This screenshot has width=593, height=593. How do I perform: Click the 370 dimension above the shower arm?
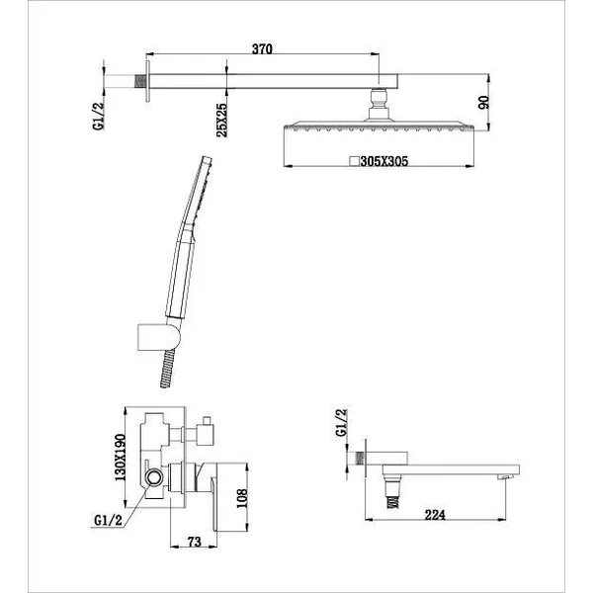coord(262,48)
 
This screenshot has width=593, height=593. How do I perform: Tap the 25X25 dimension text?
coord(221,120)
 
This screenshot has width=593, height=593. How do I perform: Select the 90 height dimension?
coord(483,102)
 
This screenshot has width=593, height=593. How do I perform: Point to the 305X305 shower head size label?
coord(384,161)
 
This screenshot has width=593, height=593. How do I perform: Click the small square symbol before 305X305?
coord(354,161)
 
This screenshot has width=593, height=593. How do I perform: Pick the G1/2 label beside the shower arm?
coord(98,116)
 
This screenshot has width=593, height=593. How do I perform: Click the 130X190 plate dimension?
coord(120,458)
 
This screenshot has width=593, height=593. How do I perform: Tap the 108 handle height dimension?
coord(242,498)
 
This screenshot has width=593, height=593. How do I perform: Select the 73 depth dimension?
coord(195,542)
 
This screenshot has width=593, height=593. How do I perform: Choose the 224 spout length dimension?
coord(435,515)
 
